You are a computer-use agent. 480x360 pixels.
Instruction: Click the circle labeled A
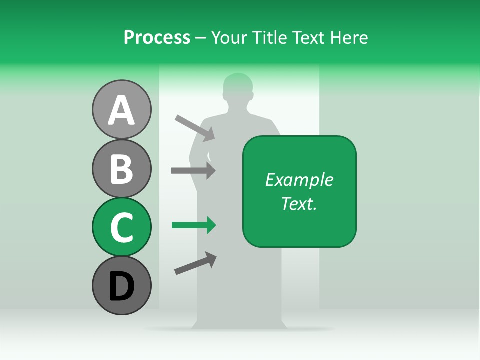122,110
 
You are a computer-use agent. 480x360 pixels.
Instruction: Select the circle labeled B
122,168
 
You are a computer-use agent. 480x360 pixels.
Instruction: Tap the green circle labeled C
122,227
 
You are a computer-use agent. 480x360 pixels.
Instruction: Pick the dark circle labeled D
122,285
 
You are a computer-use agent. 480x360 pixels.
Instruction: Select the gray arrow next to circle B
193,171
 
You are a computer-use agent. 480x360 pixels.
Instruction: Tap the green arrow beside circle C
194,226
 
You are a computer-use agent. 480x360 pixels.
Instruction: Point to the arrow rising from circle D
195,263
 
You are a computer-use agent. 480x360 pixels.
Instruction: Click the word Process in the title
157,37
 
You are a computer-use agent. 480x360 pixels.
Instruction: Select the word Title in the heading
269,37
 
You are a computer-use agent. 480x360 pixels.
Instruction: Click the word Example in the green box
299,180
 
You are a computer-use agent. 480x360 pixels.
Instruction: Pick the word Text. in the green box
299,203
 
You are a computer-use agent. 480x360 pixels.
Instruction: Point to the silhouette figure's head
238,88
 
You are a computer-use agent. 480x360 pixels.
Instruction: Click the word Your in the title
229,37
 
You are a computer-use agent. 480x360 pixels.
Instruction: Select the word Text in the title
307,37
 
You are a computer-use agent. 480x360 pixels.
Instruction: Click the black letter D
122,286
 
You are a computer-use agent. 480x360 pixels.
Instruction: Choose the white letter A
122,110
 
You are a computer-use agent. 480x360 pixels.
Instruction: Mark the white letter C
122,227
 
